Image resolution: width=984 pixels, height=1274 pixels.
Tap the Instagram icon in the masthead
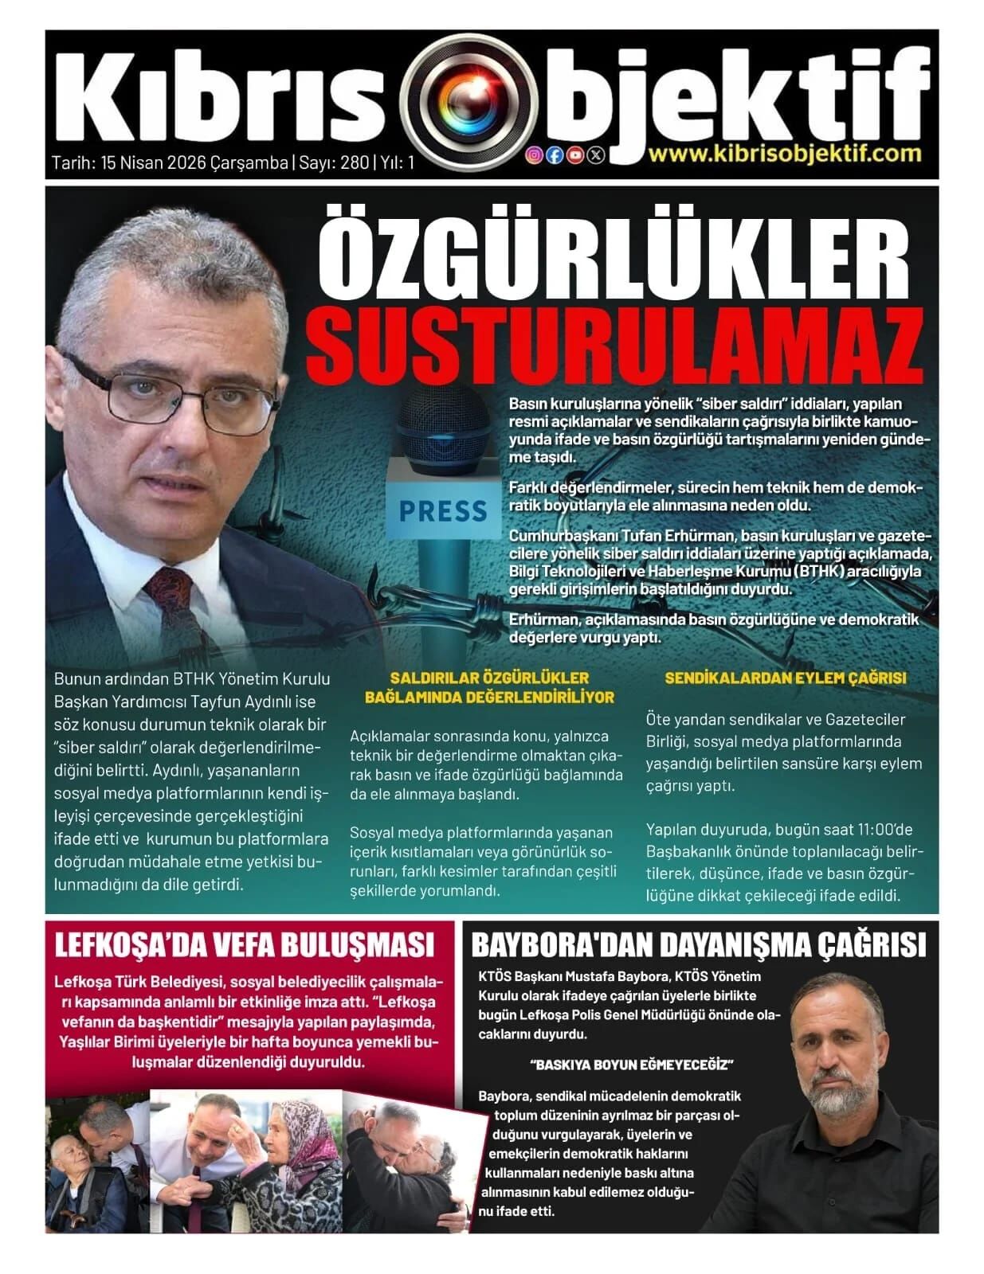pos(534,155)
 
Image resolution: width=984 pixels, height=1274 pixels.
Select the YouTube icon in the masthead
pos(574,155)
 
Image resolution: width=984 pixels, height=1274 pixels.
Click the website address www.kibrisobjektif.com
pos(785,153)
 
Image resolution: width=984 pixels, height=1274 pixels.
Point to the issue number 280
pos(355,163)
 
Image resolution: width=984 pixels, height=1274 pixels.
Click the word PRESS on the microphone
pos(442,510)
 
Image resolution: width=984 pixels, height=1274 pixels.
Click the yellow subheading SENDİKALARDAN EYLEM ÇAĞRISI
pos(785,678)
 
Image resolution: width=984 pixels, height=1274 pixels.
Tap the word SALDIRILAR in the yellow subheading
pos(433,678)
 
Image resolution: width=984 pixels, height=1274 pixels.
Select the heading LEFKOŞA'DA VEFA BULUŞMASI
pos(244,945)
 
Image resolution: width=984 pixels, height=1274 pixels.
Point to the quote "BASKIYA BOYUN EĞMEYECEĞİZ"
pos(630,1065)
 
